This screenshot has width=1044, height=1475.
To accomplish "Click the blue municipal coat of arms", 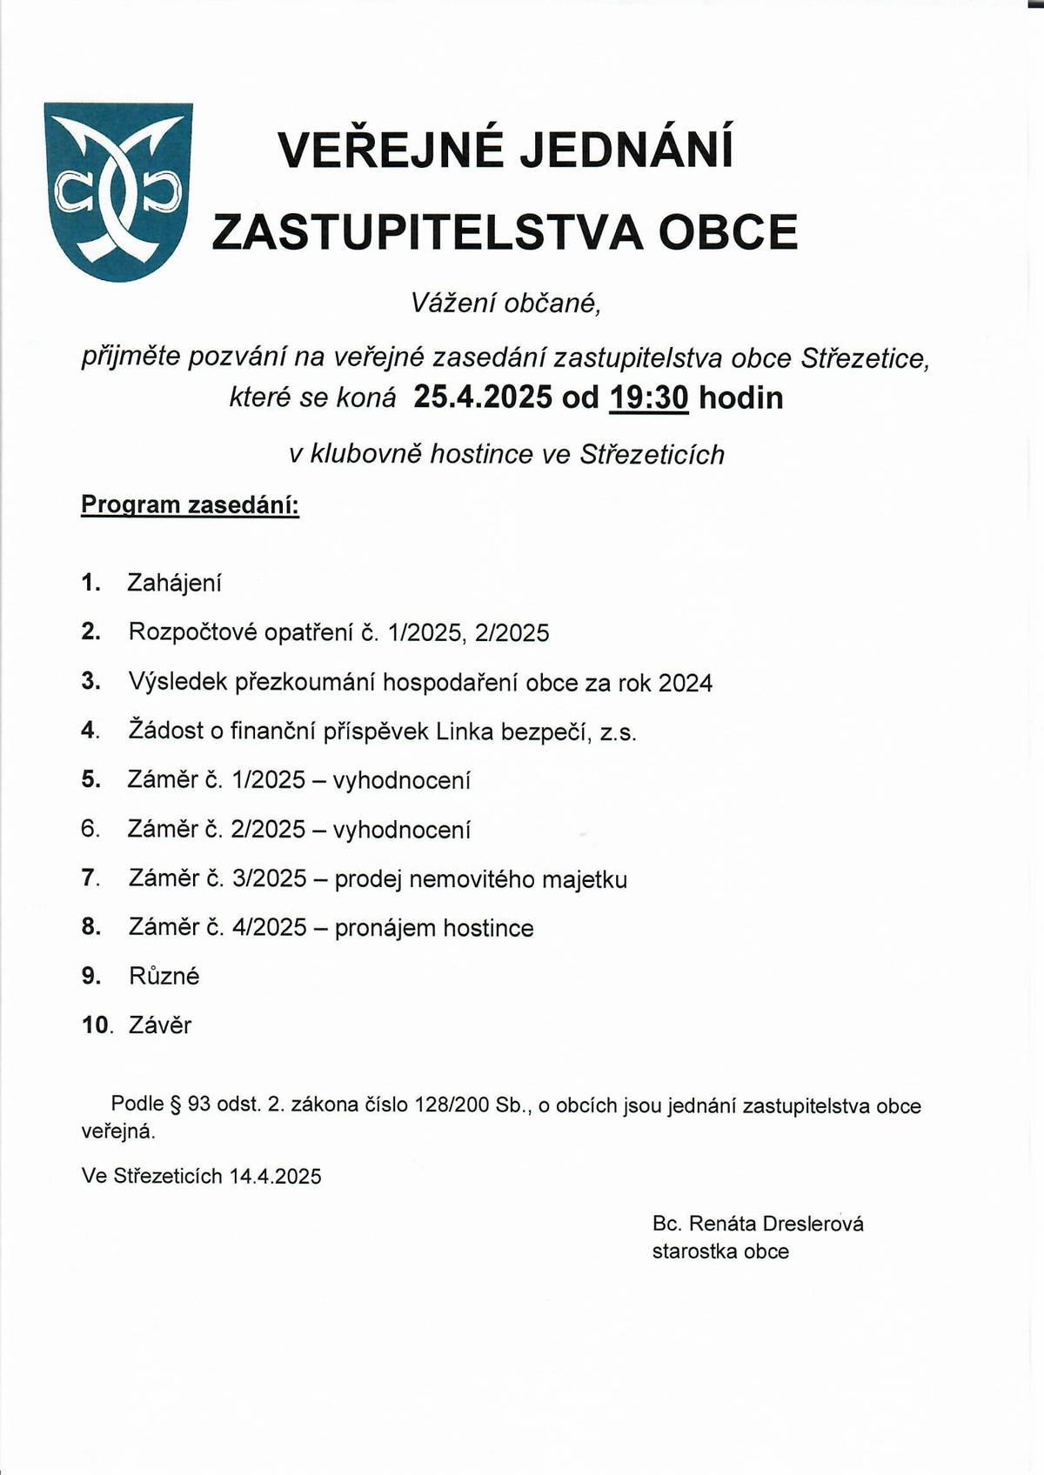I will (117, 191).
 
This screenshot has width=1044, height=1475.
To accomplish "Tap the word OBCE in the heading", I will (728, 232).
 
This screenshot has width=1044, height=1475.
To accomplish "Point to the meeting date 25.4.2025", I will (483, 397).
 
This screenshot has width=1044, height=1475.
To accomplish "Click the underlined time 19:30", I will (649, 397).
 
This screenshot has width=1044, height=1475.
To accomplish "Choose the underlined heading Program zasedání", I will (190, 505).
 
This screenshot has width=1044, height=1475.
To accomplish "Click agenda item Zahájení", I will (174, 583).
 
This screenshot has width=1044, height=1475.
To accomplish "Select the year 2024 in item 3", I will (686, 683).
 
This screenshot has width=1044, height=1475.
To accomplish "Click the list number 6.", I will (90, 829).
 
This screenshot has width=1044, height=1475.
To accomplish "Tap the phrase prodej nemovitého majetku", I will (480, 879).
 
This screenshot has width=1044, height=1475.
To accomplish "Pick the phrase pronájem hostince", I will (433, 928).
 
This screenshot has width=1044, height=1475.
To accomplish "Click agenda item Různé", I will (164, 977).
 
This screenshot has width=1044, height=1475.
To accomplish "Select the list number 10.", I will (96, 1025).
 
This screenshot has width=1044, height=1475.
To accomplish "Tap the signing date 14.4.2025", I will (275, 1177).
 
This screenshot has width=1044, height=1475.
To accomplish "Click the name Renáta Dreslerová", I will (776, 1224).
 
